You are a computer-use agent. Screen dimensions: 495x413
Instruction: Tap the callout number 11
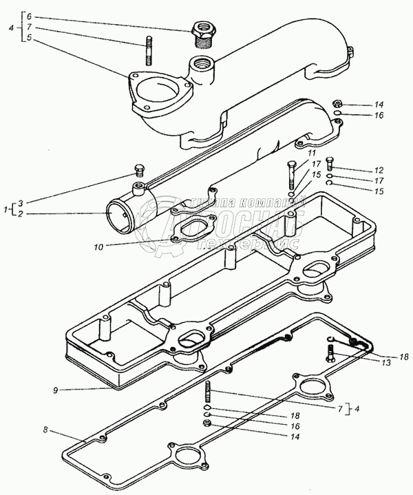pos(311,152)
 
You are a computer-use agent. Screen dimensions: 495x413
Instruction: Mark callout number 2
pos(20,214)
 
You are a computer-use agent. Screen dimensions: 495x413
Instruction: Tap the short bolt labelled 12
pos(328,162)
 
